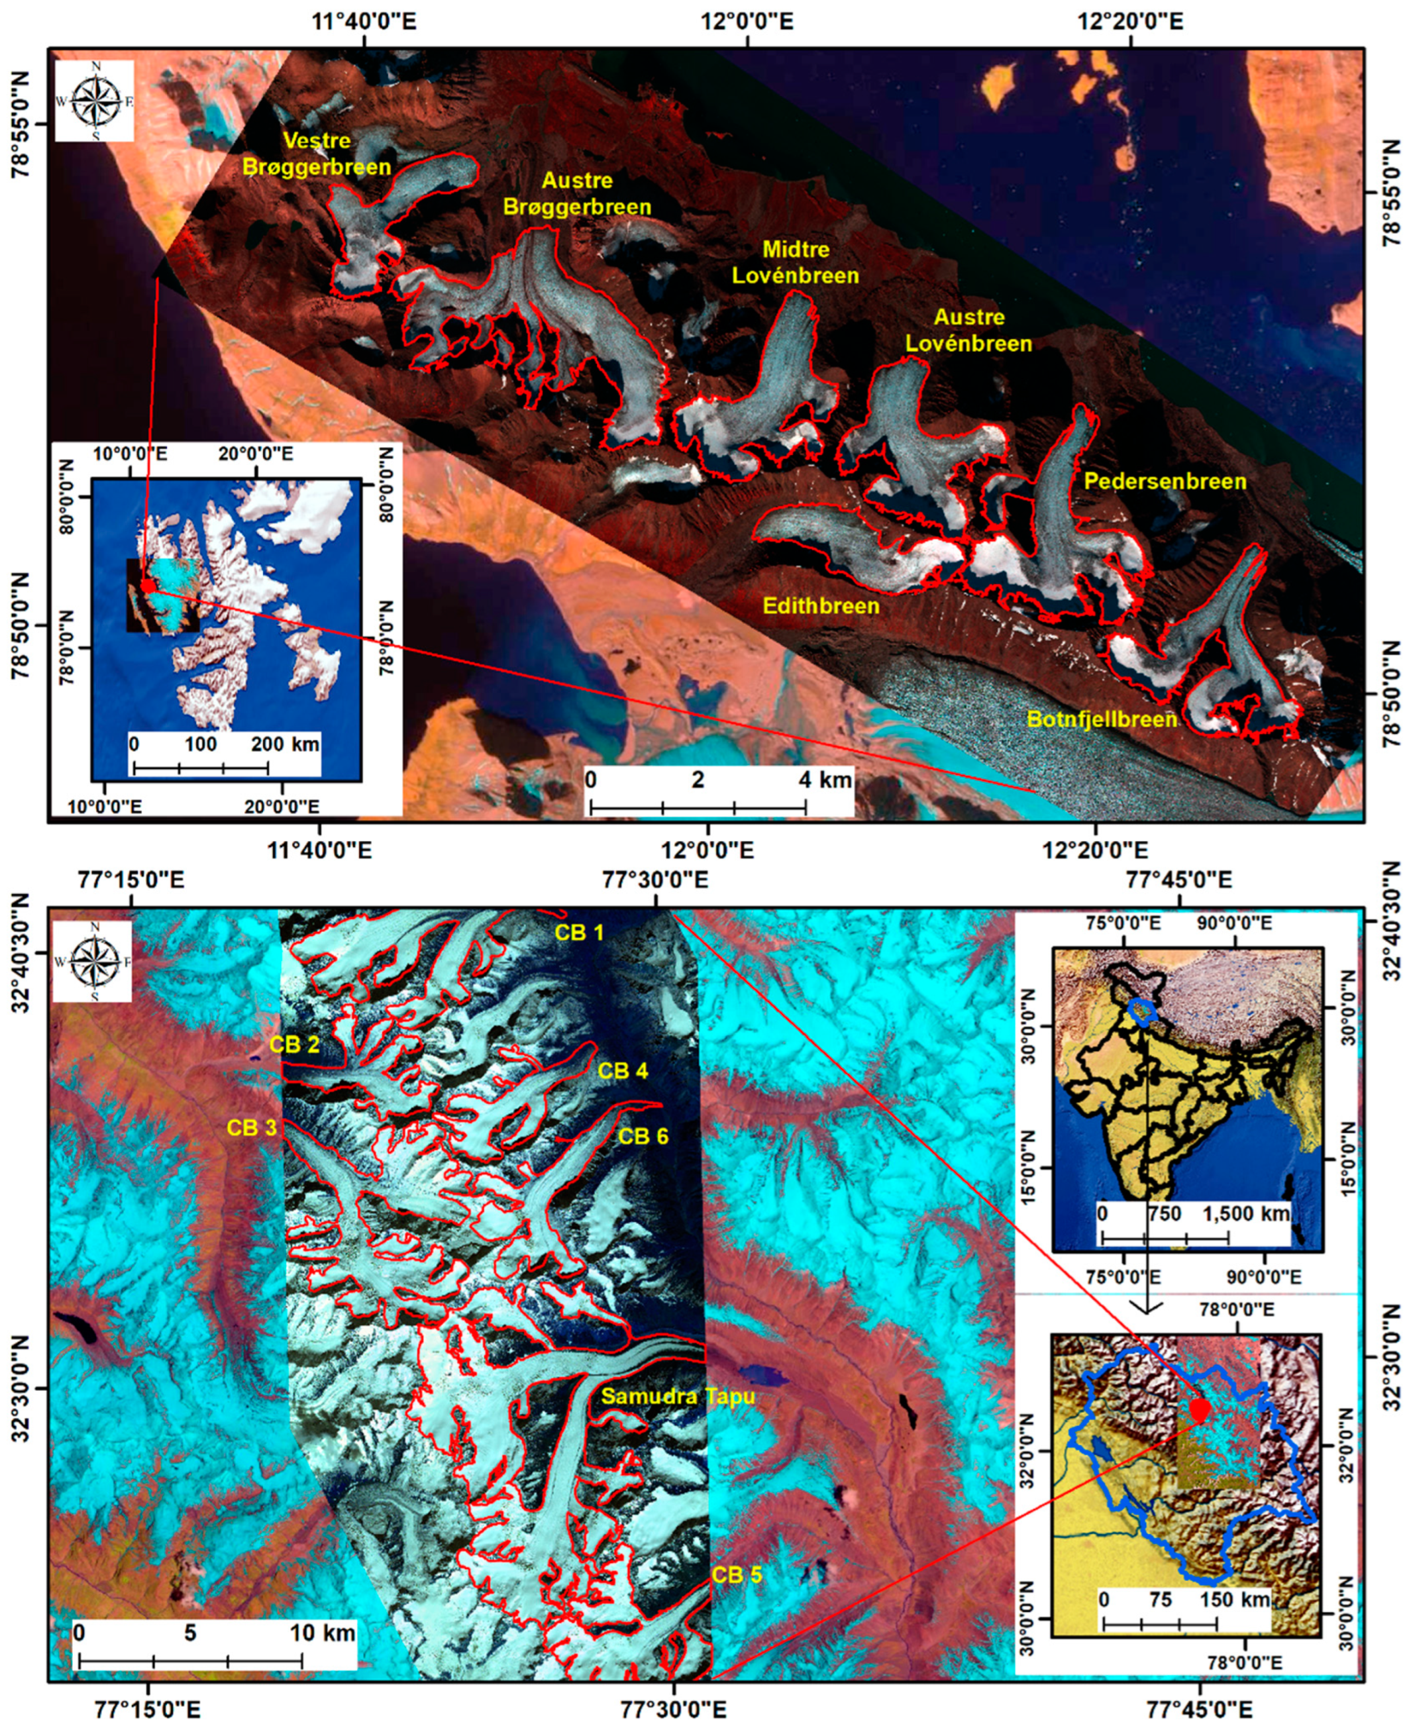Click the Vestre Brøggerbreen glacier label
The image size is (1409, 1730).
[337, 154]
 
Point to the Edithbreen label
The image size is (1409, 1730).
[821, 606]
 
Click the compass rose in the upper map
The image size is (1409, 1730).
[95, 102]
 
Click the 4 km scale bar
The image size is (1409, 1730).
[698, 807]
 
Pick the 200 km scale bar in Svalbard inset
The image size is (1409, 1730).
[201, 768]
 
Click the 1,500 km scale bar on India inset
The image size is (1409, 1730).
[1165, 1239]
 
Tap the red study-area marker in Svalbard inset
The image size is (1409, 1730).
[148, 585]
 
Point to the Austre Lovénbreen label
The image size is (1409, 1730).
[968, 331]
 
